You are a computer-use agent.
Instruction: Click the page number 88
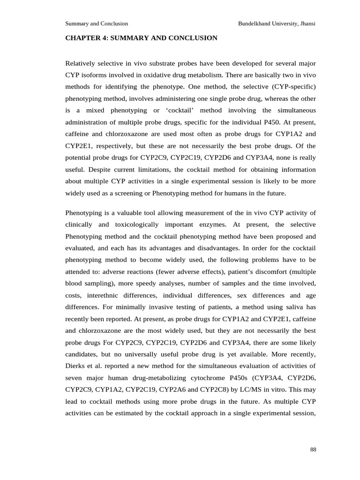[313, 450]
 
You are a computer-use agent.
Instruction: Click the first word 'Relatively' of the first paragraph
[81, 63]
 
